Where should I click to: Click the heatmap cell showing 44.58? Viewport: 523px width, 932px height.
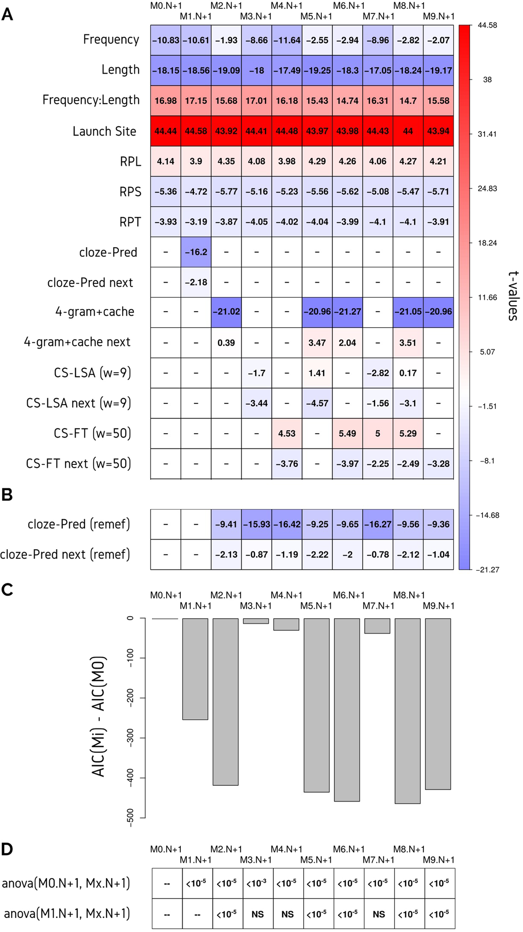point(196,131)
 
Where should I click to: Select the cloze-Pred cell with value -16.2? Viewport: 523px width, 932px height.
point(196,252)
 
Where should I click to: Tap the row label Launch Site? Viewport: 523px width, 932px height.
point(104,131)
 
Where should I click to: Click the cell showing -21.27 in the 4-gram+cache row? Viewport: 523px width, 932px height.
point(347,312)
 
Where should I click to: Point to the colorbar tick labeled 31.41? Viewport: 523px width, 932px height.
point(487,134)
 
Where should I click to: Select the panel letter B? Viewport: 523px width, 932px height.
point(7,495)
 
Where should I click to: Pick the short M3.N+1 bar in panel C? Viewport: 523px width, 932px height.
point(256,621)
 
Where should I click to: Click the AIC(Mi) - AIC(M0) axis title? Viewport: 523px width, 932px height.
point(99,716)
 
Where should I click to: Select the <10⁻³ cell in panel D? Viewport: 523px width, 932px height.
point(256,883)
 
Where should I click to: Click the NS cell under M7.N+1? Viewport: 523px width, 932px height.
point(379,914)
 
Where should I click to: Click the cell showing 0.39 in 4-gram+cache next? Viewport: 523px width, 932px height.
point(226,343)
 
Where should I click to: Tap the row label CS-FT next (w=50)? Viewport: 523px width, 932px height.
point(78,464)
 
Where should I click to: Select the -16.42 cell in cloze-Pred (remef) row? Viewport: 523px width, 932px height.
point(287,524)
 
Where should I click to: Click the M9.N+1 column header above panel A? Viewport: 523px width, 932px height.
point(438,16)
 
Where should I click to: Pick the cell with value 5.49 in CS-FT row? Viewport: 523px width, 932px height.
point(347,434)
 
